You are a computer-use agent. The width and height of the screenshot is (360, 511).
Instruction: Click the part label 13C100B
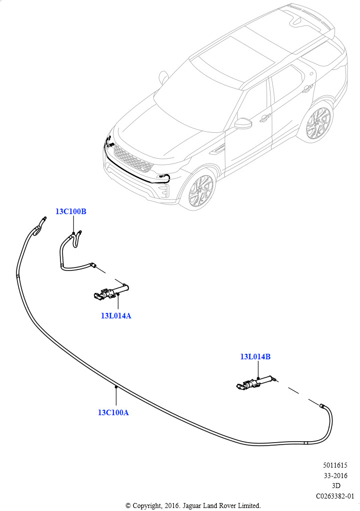coord(71,212)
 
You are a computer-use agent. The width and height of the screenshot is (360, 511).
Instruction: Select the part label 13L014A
coord(116,316)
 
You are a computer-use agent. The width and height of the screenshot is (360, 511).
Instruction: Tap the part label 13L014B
coord(255,357)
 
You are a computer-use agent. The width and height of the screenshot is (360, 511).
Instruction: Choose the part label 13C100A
coord(113,413)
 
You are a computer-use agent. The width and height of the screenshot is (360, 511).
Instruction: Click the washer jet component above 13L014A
coord(111,291)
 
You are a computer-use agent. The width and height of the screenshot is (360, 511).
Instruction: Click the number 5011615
coord(335,466)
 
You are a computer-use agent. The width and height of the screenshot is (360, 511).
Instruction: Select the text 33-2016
coord(336,476)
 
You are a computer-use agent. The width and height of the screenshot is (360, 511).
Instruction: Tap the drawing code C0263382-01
coord(335,496)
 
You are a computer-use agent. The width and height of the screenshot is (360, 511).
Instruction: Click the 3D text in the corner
coord(336,486)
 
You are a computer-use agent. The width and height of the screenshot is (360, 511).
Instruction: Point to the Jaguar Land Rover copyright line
coord(193,506)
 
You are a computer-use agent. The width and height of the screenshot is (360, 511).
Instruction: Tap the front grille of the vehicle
coord(133,159)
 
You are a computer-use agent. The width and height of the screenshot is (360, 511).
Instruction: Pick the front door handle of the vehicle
coord(265,117)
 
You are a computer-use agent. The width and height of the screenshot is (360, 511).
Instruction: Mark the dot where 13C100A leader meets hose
coord(116,387)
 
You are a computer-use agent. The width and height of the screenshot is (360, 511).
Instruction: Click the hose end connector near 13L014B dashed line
coord(322,406)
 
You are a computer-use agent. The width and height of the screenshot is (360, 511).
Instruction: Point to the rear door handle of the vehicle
coord(307,88)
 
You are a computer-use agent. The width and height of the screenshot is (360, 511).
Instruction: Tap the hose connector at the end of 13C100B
coord(93,264)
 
